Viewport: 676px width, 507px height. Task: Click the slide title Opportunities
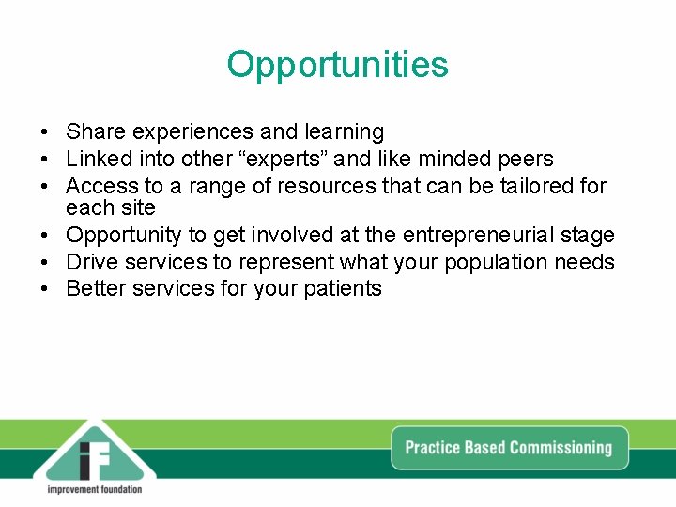(338, 65)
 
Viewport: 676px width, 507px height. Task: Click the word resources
(323, 187)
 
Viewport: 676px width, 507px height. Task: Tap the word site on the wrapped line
(138, 207)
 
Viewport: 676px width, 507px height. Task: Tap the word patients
(343, 288)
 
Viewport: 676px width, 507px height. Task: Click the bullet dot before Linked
(44, 160)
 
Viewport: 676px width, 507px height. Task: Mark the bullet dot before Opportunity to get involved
(44, 235)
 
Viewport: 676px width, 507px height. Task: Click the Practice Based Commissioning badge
(508, 447)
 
